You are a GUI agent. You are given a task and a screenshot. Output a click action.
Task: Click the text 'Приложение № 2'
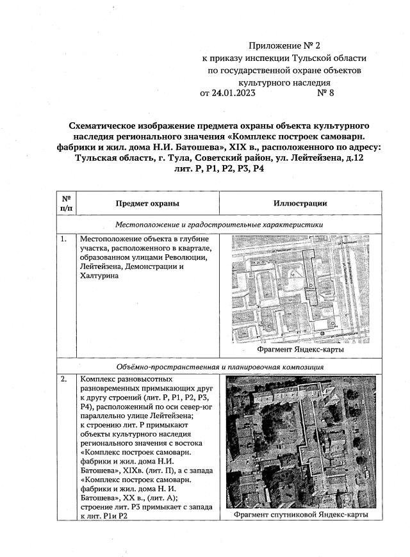click(x=283, y=46)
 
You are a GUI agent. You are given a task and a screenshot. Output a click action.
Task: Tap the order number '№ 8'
click(x=325, y=93)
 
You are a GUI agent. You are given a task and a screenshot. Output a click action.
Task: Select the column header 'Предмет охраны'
click(x=147, y=204)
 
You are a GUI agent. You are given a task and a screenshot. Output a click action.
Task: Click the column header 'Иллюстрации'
click(x=300, y=204)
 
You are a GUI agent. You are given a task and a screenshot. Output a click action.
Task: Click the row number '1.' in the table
click(x=64, y=239)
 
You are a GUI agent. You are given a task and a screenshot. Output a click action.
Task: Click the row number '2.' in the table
click(x=64, y=380)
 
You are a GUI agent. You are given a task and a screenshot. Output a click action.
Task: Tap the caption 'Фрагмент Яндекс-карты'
click(x=300, y=350)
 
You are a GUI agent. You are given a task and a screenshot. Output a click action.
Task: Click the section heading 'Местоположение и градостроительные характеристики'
click(x=218, y=225)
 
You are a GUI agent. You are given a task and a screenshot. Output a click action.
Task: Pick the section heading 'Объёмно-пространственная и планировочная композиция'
click(x=218, y=367)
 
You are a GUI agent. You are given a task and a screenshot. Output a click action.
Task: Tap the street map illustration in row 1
click(x=300, y=289)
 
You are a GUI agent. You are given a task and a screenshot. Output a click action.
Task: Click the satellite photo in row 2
click(x=300, y=441)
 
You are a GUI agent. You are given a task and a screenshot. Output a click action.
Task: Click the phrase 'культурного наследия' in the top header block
click(x=284, y=82)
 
